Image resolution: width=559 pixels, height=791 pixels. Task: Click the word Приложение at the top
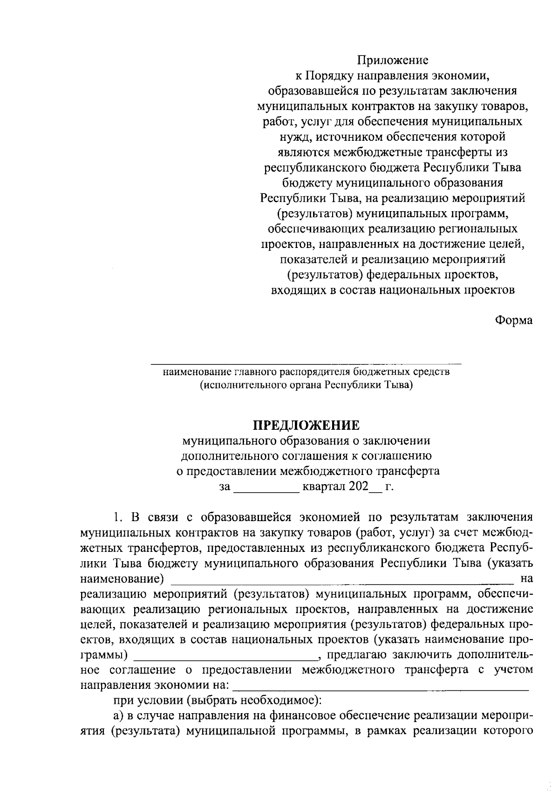392,60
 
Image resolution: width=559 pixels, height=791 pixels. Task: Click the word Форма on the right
513,321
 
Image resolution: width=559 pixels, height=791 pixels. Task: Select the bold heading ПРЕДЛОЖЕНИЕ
306,425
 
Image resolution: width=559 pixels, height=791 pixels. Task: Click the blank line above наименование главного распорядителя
306,362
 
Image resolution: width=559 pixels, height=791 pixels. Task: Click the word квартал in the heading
323,487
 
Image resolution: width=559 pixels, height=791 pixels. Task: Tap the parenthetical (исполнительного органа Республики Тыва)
306,385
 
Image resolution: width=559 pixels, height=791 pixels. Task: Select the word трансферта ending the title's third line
409,471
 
